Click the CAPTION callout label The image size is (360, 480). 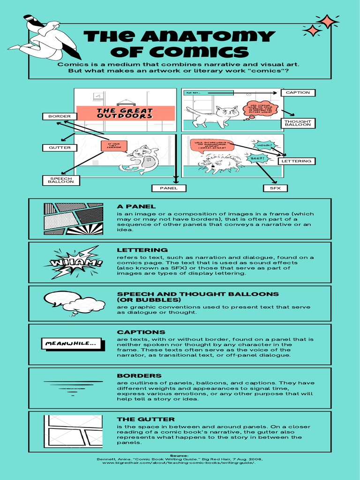click(298, 92)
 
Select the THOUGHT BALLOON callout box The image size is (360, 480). click(298, 123)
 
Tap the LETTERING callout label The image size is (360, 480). click(297, 161)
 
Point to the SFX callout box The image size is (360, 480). click(275, 188)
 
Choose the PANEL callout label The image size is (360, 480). click(169, 188)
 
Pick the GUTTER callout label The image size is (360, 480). click(60, 148)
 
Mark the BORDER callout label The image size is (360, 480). click(60, 116)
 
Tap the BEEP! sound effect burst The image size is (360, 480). click(258, 158)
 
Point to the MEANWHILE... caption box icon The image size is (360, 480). click(71, 344)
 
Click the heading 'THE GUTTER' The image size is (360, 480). click(146, 419)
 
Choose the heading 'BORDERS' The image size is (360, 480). click(139, 375)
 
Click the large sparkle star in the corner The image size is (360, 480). click(327, 22)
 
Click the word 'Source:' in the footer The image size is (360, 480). click(179, 455)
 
